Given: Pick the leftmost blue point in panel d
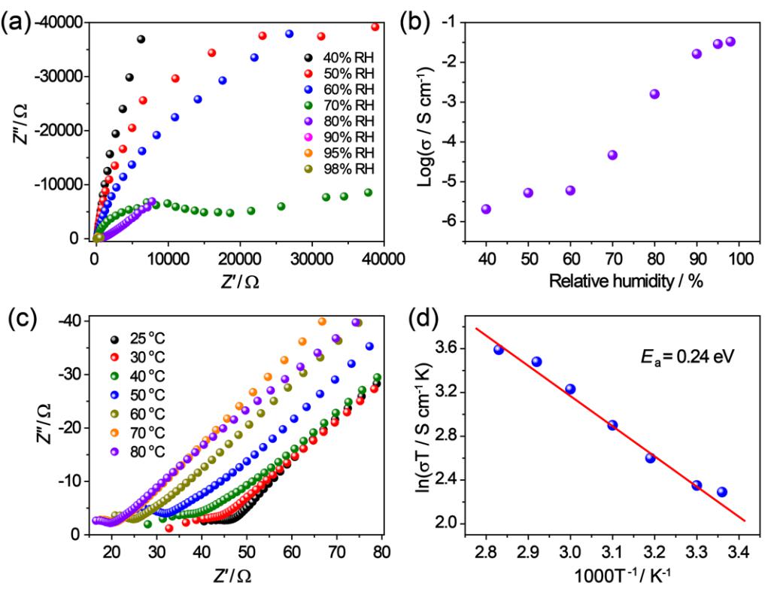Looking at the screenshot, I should click(499, 350).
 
